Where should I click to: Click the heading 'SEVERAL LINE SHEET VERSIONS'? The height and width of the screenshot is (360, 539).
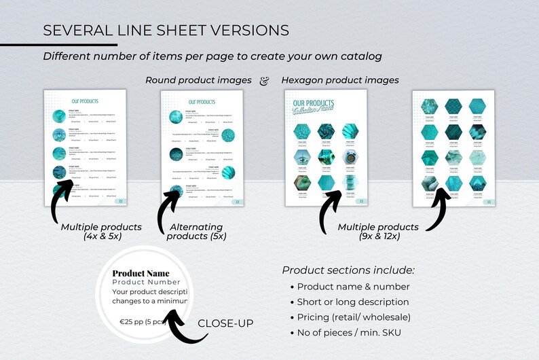(x=166, y=31)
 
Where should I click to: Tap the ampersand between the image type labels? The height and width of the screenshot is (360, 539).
(x=265, y=81)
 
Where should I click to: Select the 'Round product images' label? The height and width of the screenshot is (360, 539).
(x=198, y=80)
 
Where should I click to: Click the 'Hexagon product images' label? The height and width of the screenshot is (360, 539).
(x=339, y=80)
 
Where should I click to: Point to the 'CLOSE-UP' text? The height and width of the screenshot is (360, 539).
(x=225, y=323)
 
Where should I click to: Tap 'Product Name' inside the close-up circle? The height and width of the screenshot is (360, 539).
(x=141, y=273)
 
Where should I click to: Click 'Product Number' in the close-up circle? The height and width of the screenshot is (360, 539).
(x=146, y=282)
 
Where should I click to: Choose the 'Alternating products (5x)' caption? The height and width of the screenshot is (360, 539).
(x=197, y=231)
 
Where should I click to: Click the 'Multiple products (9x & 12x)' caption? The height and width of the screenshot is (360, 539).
(x=378, y=231)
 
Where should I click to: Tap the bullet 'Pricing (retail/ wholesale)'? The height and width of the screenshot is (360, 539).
(x=354, y=317)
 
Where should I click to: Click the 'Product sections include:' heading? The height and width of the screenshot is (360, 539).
(x=348, y=270)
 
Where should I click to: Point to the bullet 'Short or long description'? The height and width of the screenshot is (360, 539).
(x=353, y=302)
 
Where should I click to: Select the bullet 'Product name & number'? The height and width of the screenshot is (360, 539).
(x=353, y=287)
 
